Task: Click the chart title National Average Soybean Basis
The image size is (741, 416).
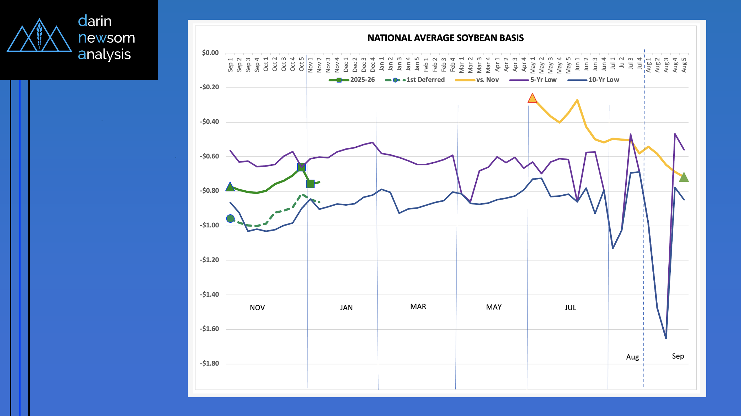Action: tap(445, 38)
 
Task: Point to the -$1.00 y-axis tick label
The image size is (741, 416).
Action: tap(209, 225)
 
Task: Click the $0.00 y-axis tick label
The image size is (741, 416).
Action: tap(210, 53)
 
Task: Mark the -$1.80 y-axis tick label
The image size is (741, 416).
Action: tap(209, 363)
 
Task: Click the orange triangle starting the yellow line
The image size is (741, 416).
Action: tap(532, 98)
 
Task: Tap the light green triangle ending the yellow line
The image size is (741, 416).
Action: tap(684, 177)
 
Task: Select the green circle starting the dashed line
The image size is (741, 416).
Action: tap(230, 218)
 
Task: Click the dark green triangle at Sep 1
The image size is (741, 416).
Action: tap(230, 187)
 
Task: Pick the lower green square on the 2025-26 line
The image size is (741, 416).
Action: tap(310, 184)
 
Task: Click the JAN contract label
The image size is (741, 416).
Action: tap(346, 308)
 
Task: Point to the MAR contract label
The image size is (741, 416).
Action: tap(418, 306)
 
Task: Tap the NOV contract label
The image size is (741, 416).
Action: tap(257, 308)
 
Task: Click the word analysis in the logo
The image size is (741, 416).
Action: tap(104, 54)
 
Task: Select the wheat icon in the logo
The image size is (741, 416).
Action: tap(39, 35)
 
